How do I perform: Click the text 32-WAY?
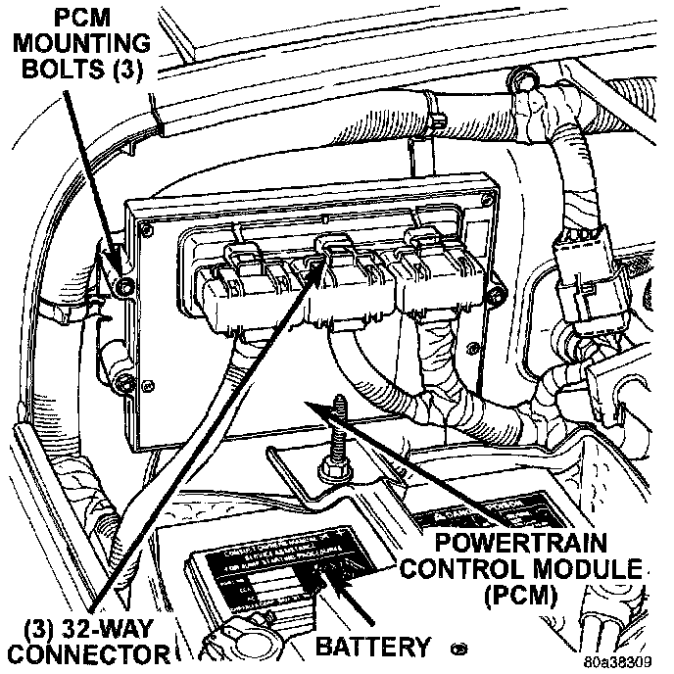coord(110,624)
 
